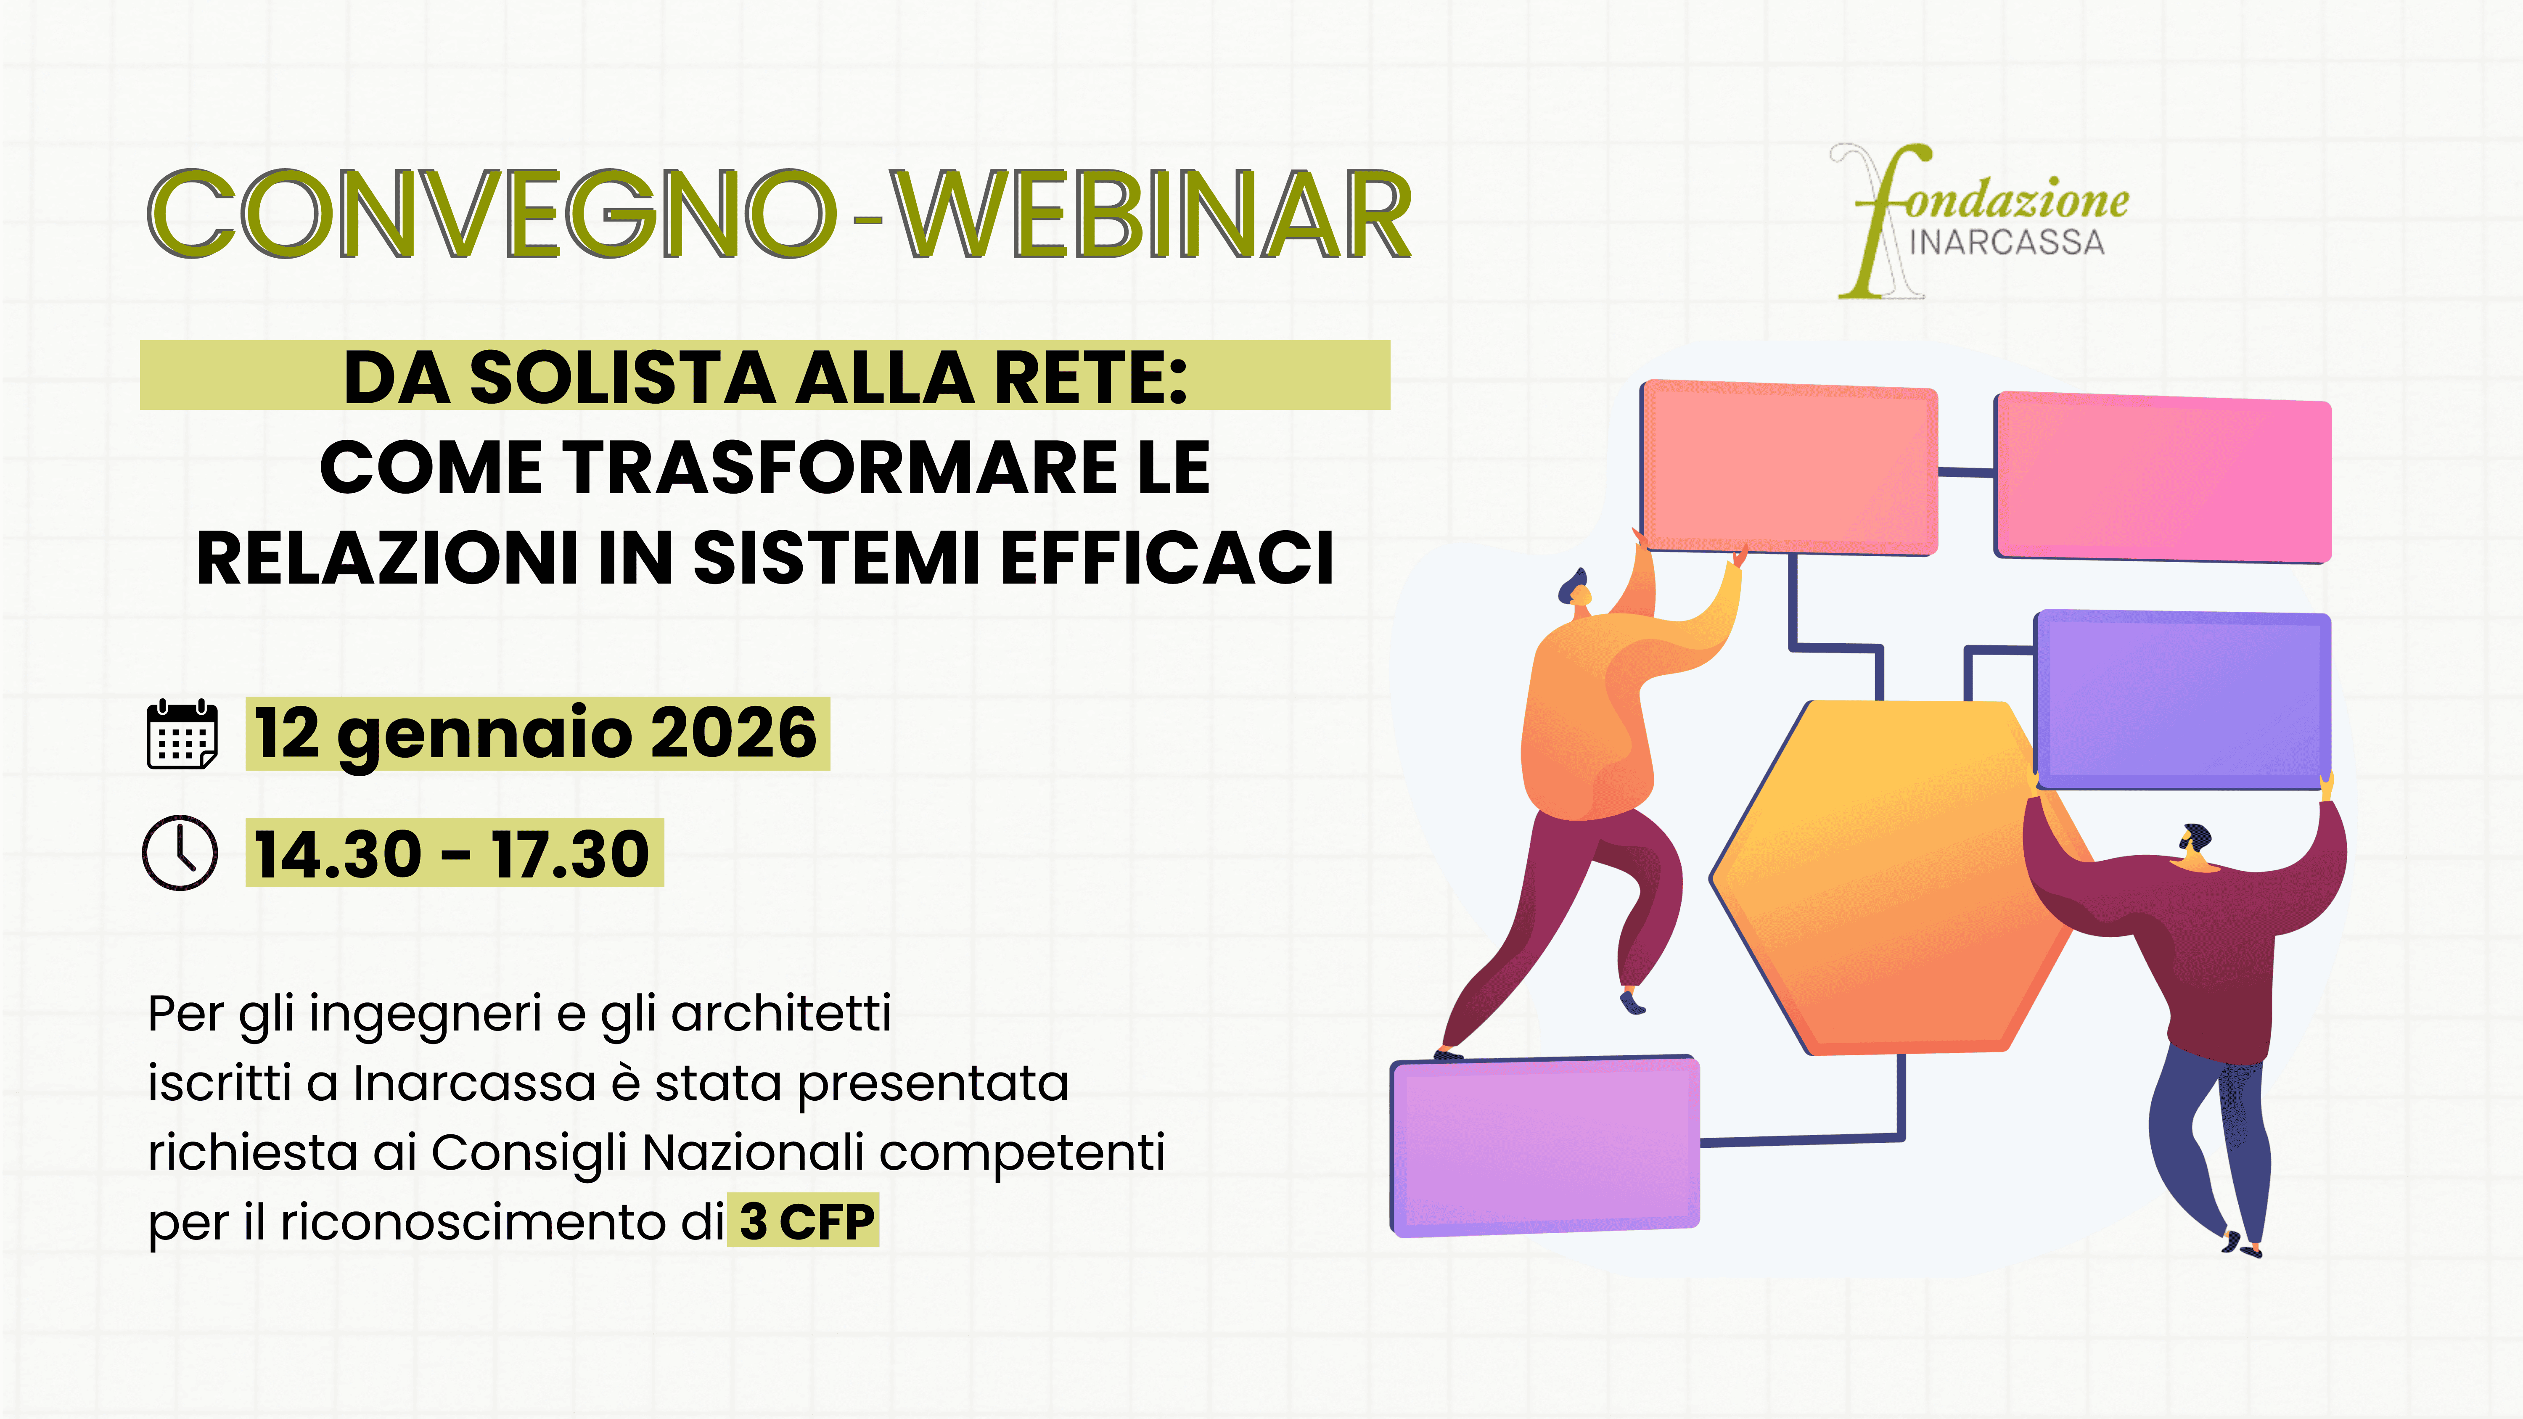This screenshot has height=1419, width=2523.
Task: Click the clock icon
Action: point(180,852)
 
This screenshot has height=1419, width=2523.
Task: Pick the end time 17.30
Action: point(570,854)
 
